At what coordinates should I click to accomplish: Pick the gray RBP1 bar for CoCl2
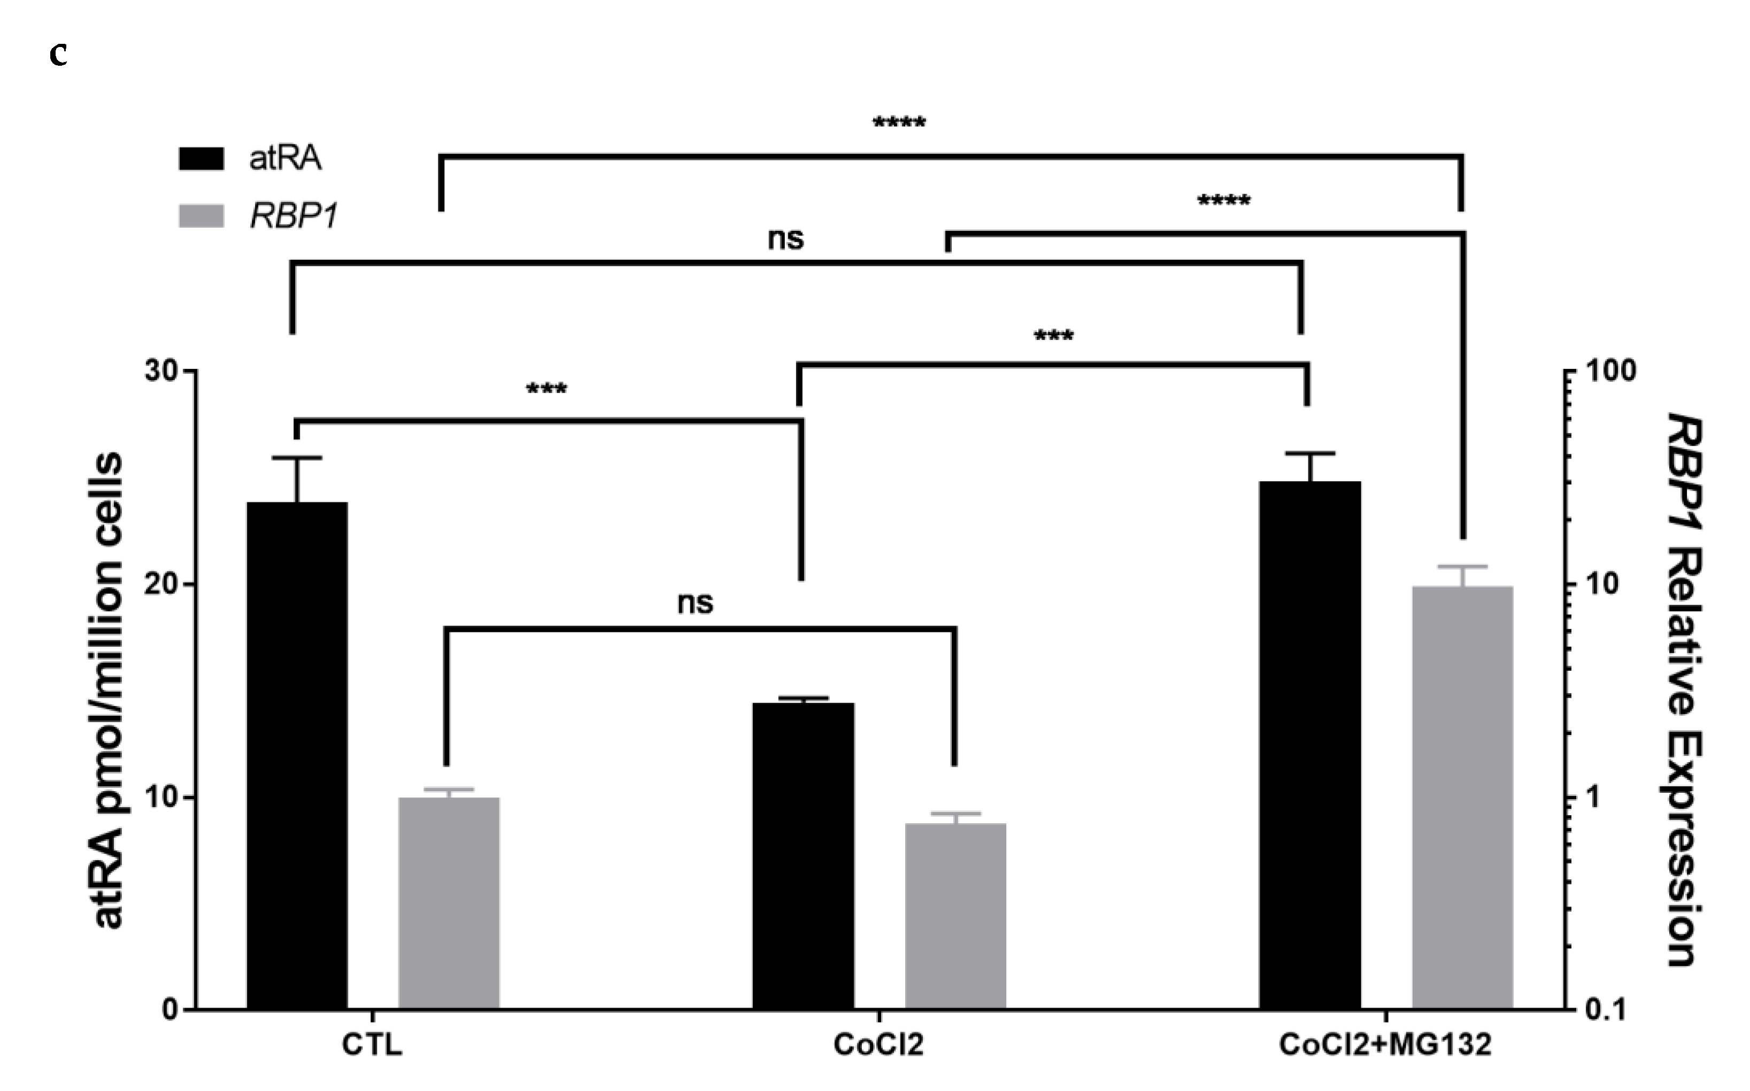[955, 916]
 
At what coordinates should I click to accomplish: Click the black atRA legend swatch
[202, 158]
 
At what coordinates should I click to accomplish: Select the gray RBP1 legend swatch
[202, 216]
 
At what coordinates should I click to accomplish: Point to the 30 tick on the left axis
[163, 371]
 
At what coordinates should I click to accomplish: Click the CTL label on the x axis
[372, 1045]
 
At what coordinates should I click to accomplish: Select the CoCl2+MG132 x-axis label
[1385, 1045]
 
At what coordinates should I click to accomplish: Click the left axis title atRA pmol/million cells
[108, 690]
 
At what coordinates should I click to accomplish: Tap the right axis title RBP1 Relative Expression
[1684, 690]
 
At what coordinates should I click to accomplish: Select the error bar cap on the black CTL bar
[297, 458]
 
